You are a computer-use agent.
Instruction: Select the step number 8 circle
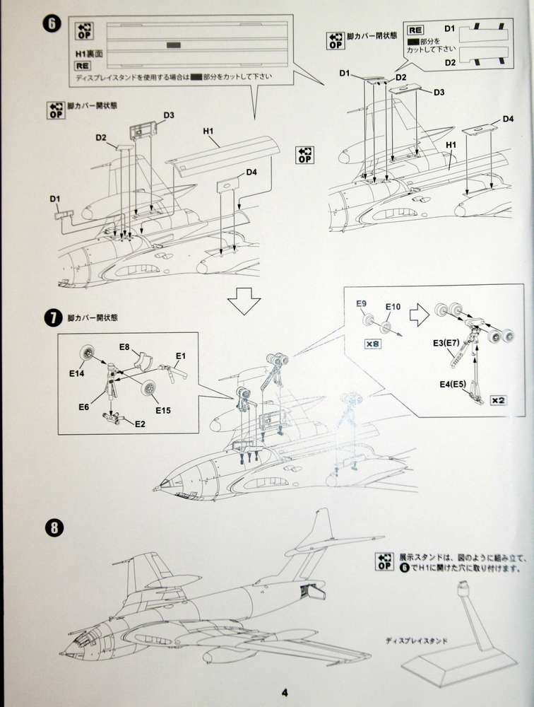coord(53,527)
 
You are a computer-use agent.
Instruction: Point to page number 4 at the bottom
coord(283,692)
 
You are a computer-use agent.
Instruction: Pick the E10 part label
coord(393,308)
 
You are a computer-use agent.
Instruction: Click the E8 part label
coord(124,347)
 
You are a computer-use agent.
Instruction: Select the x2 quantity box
coord(498,401)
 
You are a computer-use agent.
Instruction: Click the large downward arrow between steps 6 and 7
coord(244,302)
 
